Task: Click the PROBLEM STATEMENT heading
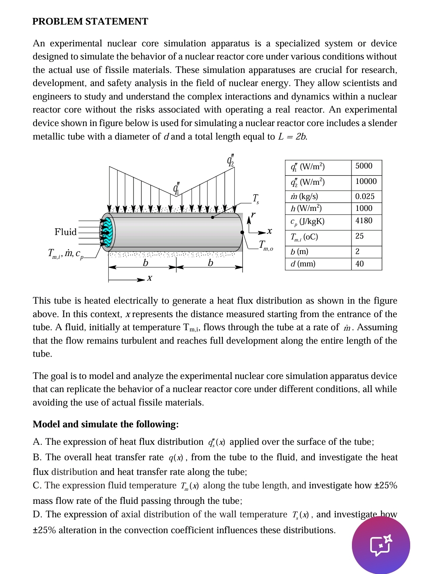90,21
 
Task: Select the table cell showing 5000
364,166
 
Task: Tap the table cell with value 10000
366,182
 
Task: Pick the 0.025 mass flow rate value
365,197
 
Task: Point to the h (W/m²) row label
306,209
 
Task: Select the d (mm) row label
303,264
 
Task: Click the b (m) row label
299,252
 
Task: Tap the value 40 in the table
359,264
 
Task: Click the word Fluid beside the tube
65,232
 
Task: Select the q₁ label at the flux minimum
176,188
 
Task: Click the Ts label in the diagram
256,198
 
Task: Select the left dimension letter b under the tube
145,263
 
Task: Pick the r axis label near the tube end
253,215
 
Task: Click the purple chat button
381,545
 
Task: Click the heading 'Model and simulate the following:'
105,424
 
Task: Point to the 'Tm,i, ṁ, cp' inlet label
66,254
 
